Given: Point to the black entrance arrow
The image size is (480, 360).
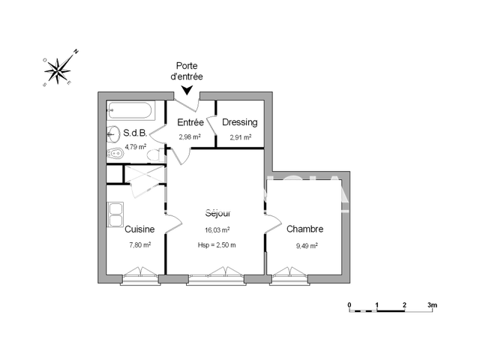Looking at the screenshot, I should pyautogui.click(x=186, y=91).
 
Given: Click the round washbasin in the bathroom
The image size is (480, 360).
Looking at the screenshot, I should pyautogui.click(x=115, y=135).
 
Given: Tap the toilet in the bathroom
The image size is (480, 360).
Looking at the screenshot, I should pyautogui.click(x=154, y=155).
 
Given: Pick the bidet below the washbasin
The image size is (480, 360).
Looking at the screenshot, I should pyautogui.click(x=115, y=154).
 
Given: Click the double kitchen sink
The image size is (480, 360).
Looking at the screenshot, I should pyautogui.click(x=115, y=215).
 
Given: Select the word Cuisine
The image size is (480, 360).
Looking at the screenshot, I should pyautogui.click(x=139, y=229).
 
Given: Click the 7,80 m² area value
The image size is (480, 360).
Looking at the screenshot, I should pyautogui.click(x=140, y=245).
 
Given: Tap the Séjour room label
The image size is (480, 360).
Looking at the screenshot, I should pyautogui.click(x=217, y=213).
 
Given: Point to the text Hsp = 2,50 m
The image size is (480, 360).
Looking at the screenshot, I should pyautogui.click(x=217, y=245).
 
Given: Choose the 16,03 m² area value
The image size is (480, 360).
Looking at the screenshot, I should pyautogui.click(x=217, y=230).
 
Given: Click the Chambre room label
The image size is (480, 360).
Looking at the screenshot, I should pyautogui.click(x=305, y=229).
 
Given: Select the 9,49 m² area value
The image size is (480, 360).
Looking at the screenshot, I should pyautogui.click(x=306, y=245).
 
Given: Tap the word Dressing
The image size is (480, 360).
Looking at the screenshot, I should pyautogui.click(x=240, y=122).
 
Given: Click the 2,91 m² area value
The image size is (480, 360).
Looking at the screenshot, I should pyautogui.click(x=240, y=137).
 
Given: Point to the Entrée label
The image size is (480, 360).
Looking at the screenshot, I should pyautogui.click(x=190, y=122).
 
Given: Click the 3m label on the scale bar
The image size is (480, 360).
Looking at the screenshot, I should pyautogui.click(x=433, y=305).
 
